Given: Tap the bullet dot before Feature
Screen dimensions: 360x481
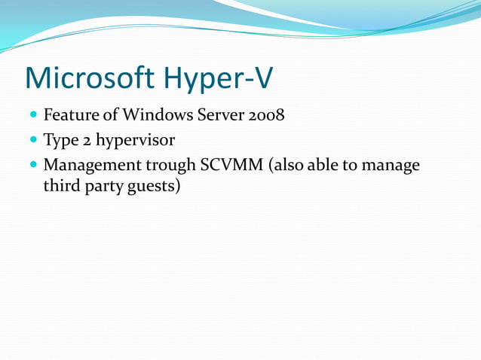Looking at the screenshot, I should click(35, 117).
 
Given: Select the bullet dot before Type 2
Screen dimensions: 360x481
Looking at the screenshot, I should click(35, 141).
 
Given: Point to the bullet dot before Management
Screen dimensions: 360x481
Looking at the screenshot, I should click(35, 165).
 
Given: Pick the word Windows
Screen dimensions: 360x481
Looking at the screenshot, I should click(155, 116).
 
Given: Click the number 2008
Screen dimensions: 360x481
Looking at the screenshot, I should click(267, 116).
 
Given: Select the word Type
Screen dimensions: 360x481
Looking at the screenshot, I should click(61, 141).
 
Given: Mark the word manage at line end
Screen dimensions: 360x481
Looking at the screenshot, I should click(391, 166).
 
